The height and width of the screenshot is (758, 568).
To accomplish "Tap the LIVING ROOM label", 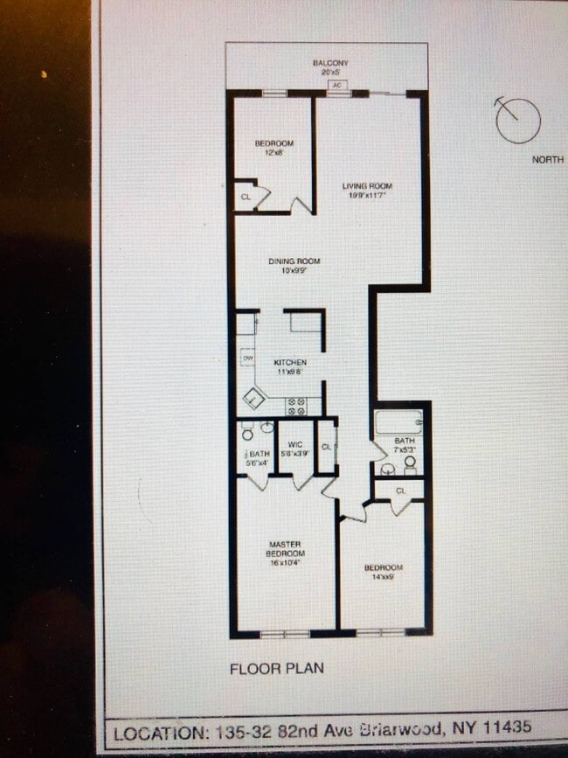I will (x=367, y=186).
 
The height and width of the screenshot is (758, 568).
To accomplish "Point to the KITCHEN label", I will (x=290, y=362).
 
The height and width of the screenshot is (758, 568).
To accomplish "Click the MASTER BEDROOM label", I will (x=285, y=549).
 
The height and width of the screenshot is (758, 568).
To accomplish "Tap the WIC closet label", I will (x=294, y=445).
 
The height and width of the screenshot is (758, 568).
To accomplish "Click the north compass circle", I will (x=518, y=120).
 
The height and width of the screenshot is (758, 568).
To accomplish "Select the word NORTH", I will (x=548, y=160).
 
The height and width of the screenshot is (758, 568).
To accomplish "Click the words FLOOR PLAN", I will (x=276, y=669).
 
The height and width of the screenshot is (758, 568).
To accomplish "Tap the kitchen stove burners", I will (x=295, y=405).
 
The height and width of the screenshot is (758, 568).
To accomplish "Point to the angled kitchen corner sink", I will (x=253, y=399).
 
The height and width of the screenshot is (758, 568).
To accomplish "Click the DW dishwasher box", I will (x=247, y=358).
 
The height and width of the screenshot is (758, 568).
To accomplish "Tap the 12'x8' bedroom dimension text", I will (x=274, y=153).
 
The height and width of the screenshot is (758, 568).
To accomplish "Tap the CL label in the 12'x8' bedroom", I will (x=246, y=198).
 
